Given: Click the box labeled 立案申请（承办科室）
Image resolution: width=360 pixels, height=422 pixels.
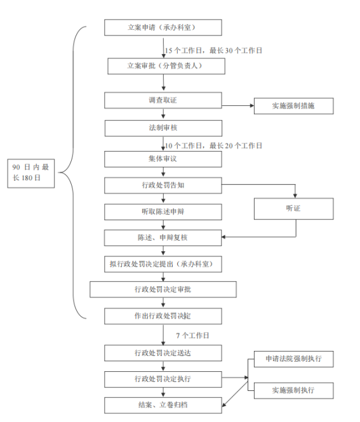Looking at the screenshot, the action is (x=163, y=27).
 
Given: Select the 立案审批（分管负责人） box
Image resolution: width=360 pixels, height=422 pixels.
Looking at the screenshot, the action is (x=166, y=66).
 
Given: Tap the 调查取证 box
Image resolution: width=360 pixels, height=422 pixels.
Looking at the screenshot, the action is (x=163, y=100).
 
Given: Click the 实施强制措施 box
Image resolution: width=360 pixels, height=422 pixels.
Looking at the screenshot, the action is (x=293, y=106).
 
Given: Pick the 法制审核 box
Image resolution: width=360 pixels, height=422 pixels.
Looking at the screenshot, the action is (x=163, y=128).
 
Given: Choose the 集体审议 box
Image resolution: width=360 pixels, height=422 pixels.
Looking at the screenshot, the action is (x=163, y=159).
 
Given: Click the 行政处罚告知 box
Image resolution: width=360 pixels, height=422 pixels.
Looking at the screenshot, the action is (x=163, y=185).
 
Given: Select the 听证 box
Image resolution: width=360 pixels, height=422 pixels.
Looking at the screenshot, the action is (x=293, y=209).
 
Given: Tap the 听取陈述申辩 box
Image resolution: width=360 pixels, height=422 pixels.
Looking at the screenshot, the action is (x=163, y=212).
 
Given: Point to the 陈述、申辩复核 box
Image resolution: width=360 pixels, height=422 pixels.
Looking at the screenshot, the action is (x=163, y=238).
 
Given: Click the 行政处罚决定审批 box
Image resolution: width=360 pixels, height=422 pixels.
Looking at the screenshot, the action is (x=163, y=289).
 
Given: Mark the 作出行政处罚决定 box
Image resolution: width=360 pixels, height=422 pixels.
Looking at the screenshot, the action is (x=163, y=316).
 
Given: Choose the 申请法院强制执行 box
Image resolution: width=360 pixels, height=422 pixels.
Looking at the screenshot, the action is (x=293, y=359).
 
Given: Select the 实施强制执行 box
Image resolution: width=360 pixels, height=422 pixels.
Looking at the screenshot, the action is (x=293, y=390).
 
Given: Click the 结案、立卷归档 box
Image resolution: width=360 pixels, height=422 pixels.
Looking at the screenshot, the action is (x=163, y=406).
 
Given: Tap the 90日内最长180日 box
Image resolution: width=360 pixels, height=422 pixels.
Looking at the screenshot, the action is (x=30, y=173).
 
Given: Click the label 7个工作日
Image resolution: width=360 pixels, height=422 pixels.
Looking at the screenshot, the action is (x=192, y=336).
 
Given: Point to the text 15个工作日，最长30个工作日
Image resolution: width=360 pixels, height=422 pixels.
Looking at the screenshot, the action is (x=213, y=51).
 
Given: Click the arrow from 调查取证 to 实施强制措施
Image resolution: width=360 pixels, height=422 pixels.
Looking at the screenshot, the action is (x=237, y=105).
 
